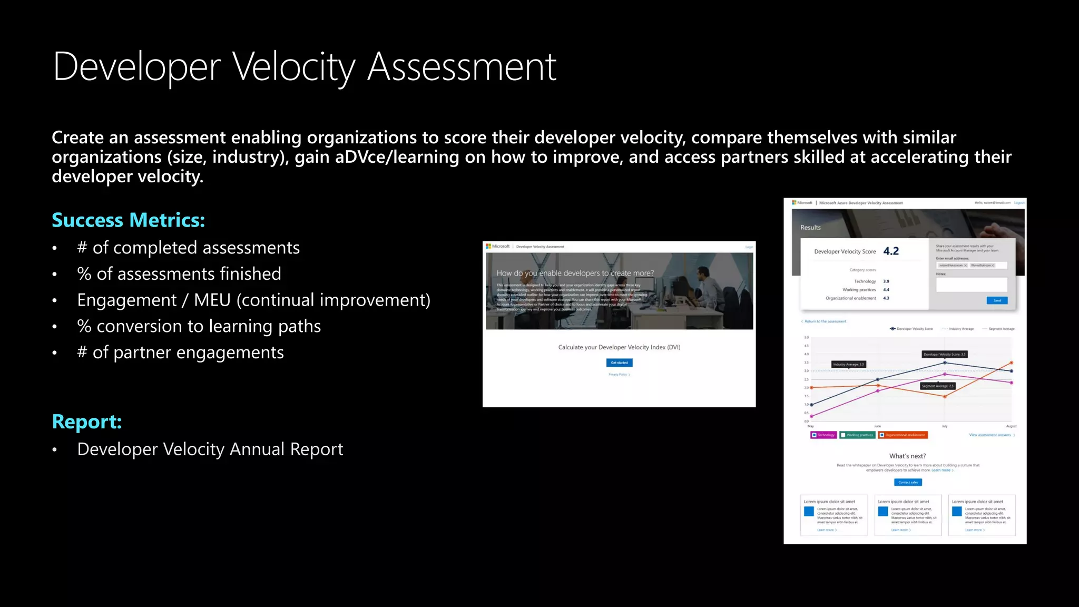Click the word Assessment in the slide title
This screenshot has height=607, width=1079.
coord(462,67)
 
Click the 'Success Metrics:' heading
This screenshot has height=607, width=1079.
coord(128,220)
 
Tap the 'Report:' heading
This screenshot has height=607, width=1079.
coord(87,422)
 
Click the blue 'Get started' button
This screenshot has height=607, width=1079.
coord(619,363)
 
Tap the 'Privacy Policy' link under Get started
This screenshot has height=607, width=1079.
coord(619,375)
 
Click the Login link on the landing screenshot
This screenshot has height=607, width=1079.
coord(749,247)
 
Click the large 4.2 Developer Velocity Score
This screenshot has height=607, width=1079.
coord(891,251)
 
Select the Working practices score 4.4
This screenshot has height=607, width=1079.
coord(886,290)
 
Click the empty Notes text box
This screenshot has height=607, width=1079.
coord(971,285)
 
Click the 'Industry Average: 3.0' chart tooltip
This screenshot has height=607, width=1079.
coord(848,364)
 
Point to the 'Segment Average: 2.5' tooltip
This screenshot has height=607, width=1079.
coord(937,386)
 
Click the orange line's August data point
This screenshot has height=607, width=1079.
coord(1011,363)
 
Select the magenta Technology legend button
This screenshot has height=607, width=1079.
coord(823,435)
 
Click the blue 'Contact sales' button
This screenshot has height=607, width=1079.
coord(908,482)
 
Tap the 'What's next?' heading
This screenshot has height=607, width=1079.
coord(907,456)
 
